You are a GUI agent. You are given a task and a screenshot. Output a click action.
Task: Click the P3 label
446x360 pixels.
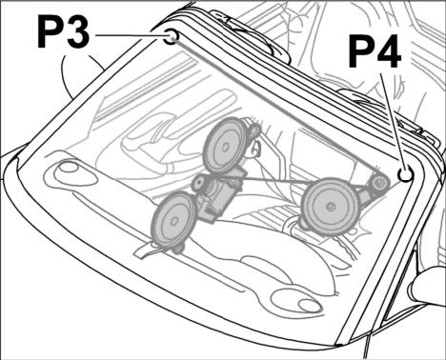point(64,31)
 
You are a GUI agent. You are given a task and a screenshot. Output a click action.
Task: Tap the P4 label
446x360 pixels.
point(375,51)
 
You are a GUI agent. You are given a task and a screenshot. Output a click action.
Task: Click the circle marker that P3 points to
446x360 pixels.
point(172,36)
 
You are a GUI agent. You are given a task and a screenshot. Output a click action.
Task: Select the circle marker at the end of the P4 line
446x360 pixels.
point(406,174)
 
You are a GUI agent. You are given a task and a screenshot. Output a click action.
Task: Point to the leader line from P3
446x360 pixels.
point(130,35)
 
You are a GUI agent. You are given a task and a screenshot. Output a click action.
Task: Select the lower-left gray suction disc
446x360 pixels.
point(174,220)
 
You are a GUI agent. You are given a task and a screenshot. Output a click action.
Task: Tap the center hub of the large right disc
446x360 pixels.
point(332,207)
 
